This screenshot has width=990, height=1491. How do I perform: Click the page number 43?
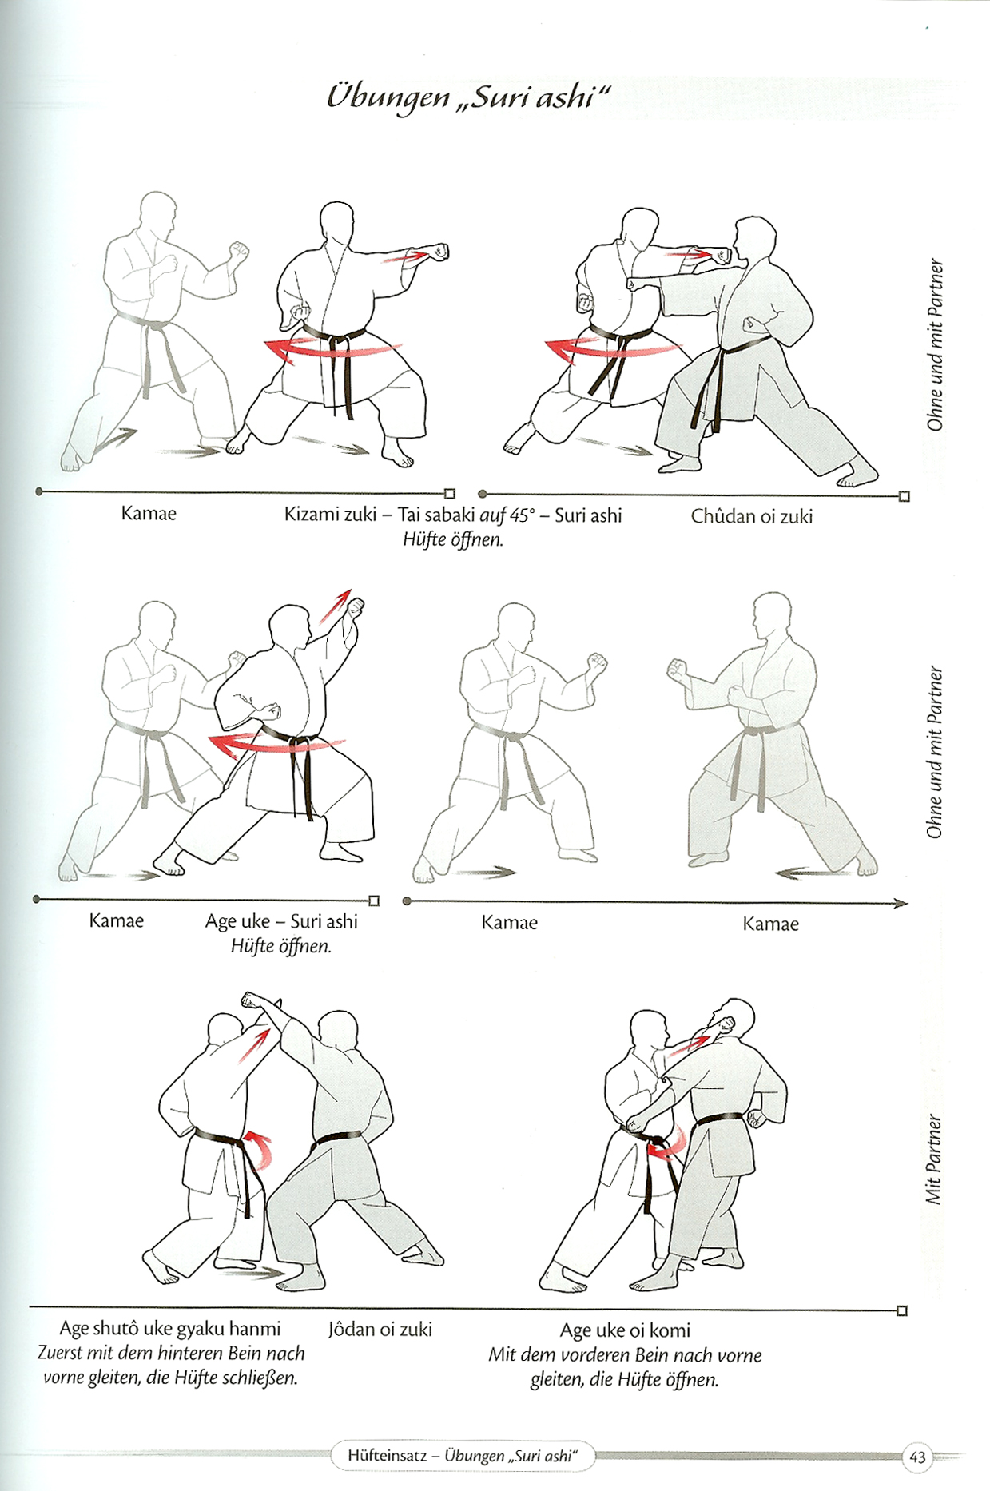[917, 1457]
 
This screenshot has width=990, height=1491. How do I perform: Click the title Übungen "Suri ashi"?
[468, 97]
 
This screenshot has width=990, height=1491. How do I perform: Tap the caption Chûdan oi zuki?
[752, 517]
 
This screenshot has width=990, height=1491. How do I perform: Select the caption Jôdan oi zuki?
[380, 1330]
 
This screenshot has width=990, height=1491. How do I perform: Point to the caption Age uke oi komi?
[625, 1330]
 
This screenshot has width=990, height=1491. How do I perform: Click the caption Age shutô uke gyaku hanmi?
[170, 1329]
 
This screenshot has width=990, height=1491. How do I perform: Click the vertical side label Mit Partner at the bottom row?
[933, 1159]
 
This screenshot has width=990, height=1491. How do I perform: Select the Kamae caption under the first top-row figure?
[149, 513]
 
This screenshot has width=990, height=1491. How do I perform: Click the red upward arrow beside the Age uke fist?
[336, 606]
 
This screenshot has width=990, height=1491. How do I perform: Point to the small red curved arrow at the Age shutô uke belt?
[259, 1147]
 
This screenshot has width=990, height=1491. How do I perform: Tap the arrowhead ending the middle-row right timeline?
[901, 904]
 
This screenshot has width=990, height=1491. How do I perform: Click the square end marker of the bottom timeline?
[902, 1311]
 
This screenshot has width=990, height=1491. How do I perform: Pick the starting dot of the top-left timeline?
[39, 491]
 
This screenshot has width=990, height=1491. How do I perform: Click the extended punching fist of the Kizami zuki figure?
[439, 252]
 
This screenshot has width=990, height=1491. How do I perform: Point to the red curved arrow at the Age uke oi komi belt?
[666, 1143]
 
